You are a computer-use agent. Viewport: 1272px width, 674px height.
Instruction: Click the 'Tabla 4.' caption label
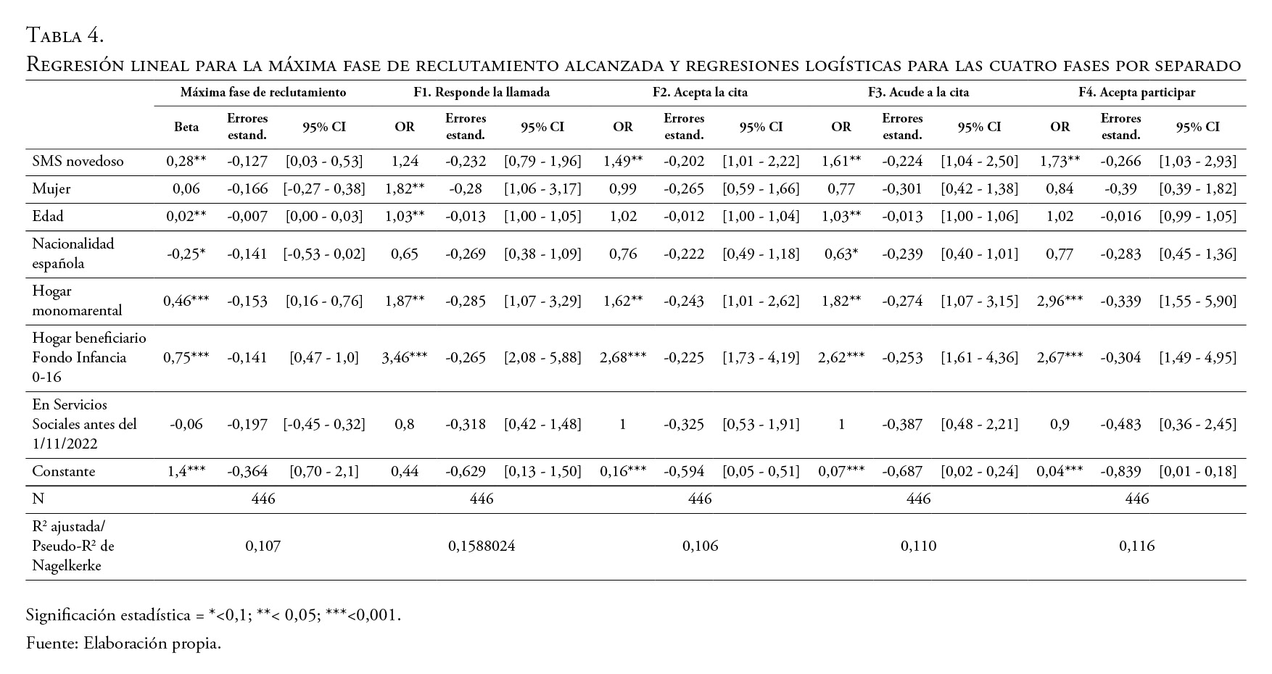(65, 36)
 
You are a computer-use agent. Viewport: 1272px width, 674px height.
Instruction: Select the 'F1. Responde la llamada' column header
(482, 93)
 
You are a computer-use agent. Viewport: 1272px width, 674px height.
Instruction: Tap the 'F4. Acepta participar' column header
(1136, 93)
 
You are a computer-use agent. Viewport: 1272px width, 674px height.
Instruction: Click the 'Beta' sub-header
(186, 127)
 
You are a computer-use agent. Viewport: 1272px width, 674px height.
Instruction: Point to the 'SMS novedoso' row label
(78, 161)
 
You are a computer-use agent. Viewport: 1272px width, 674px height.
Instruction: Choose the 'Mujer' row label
(51, 189)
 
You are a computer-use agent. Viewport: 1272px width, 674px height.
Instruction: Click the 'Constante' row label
(64, 472)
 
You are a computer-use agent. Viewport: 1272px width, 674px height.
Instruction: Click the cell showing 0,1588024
(482, 546)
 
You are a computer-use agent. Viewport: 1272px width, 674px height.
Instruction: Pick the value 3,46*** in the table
(404, 357)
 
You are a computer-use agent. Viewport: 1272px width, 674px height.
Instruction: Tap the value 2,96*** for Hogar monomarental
(1060, 301)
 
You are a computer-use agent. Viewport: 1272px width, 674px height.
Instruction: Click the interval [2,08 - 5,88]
(542, 357)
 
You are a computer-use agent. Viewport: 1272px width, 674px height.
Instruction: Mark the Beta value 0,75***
(186, 357)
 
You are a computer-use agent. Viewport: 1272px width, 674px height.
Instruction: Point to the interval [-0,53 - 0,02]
(324, 254)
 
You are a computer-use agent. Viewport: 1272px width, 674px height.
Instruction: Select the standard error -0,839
(1120, 472)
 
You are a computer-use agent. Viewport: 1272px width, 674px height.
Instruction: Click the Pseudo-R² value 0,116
(1136, 546)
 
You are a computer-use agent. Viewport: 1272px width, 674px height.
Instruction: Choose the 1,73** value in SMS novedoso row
(1060, 161)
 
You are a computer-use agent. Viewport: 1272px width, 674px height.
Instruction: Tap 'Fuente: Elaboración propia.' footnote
(123, 644)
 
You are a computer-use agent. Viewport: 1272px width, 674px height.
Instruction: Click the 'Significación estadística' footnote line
(213, 615)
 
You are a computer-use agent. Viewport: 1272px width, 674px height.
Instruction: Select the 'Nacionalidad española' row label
(73, 254)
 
